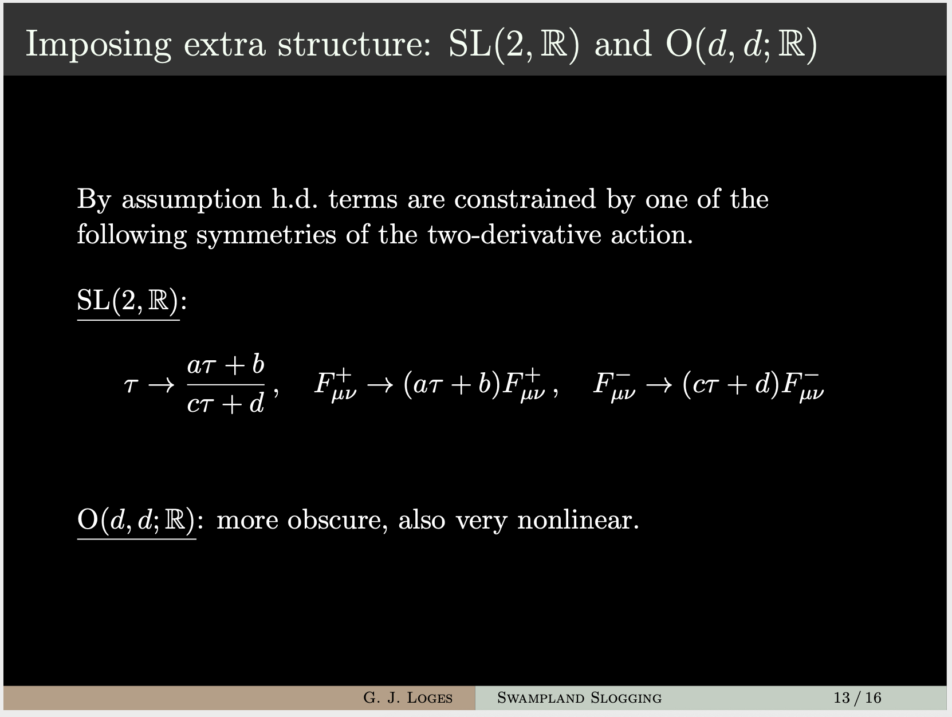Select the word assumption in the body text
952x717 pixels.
pyautogui.click(x=192, y=200)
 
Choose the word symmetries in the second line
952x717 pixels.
pyautogui.click(x=266, y=235)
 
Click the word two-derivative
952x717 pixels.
pyautogui.click(x=514, y=235)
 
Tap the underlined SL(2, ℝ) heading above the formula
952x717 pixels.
pyautogui.click(x=128, y=301)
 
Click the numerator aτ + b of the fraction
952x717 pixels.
pyautogui.click(x=226, y=365)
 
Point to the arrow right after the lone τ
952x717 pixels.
pyautogui.click(x=162, y=384)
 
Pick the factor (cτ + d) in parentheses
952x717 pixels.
pyautogui.click(x=731, y=384)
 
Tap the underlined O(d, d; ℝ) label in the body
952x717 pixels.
pyautogui.click(x=137, y=520)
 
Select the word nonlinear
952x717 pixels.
pyautogui.click(x=578, y=520)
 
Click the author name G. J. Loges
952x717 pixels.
pyautogui.click(x=408, y=698)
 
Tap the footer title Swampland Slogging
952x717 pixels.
pyautogui.click(x=580, y=698)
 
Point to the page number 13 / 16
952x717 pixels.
pyautogui.click(x=857, y=698)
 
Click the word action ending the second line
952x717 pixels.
pyautogui.click(x=652, y=235)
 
